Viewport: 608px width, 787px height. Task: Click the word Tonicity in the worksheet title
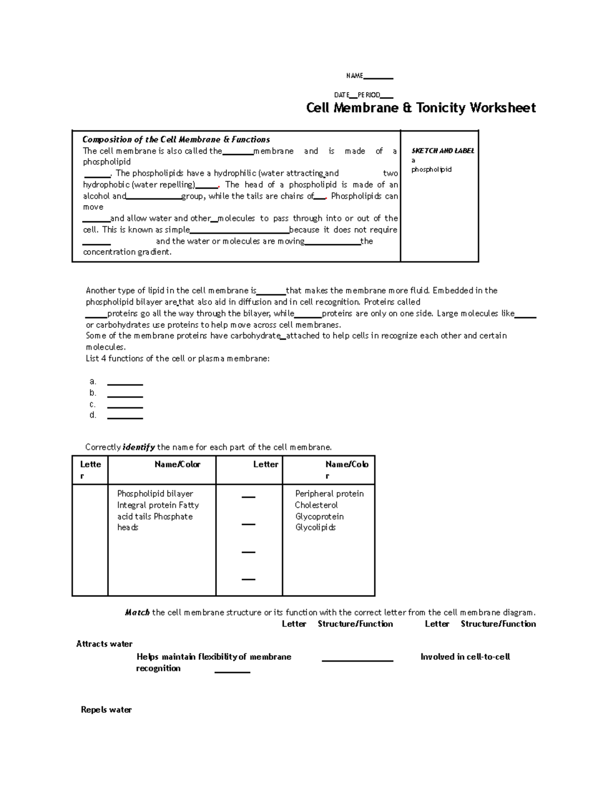(441, 108)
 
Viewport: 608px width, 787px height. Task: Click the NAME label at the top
(354, 76)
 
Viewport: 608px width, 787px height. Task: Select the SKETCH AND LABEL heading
(443, 151)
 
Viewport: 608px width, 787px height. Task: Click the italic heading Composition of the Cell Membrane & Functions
(176, 139)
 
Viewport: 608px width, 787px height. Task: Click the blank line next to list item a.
(125, 384)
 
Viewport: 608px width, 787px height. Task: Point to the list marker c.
(92, 404)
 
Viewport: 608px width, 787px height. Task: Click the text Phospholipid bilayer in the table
(155, 494)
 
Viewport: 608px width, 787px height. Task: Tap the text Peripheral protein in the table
(329, 494)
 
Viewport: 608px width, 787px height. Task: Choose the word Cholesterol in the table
(316, 505)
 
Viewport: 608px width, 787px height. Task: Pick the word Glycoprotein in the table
(319, 516)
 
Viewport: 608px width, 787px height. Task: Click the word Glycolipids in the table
(315, 528)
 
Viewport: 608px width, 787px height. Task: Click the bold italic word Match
(137, 613)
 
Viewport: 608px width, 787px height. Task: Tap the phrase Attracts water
(104, 644)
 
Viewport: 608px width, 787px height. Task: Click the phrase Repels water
(106, 710)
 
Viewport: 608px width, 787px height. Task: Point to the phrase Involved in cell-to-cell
(465, 657)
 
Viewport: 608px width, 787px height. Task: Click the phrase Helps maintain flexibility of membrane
(213, 657)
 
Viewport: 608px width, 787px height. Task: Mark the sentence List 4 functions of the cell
(177, 359)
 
